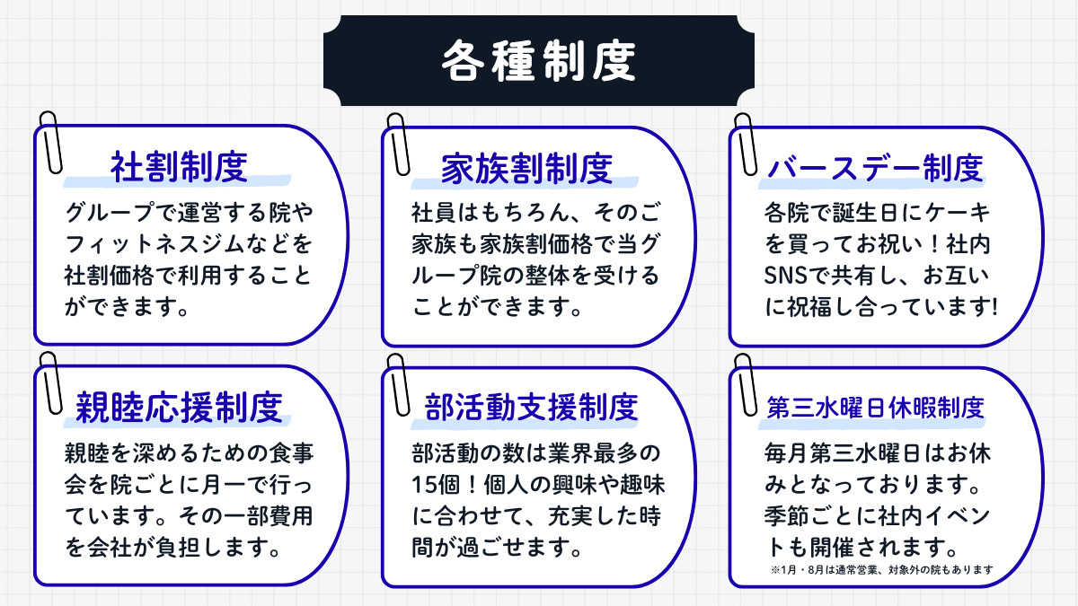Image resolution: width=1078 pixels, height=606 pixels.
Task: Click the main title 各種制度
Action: tap(538, 61)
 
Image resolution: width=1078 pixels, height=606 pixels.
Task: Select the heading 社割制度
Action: tap(179, 167)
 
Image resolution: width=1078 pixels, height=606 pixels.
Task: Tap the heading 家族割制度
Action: tap(526, 167)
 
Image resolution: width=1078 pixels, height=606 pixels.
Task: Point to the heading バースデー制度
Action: tap(875, 167)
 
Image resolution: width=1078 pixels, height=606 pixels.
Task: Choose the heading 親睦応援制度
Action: tap(179, 407)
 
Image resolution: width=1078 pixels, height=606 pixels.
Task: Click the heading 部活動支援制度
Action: tap(531, 407)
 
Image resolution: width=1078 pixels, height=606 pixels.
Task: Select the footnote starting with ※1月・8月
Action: tap(880, 569)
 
